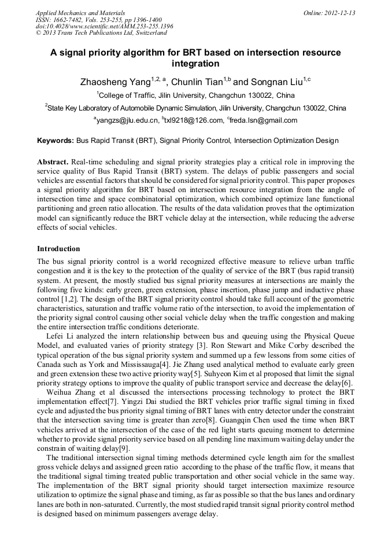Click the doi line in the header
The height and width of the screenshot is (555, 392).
tap(104, 26)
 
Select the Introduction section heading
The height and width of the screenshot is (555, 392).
tap(58, 249)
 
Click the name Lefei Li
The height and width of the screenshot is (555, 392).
tap(61, 336)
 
